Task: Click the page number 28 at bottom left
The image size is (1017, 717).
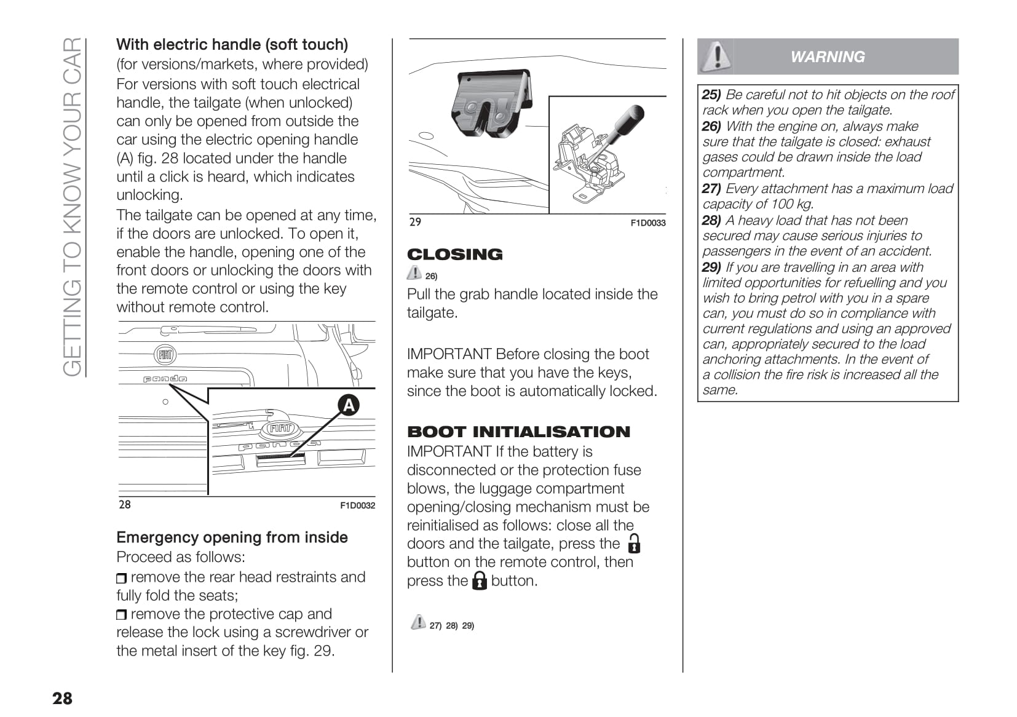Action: [x=62, y=698]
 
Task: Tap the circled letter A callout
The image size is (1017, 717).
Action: [x=348, y=405]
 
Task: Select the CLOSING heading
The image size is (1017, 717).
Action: [x=454, y=254]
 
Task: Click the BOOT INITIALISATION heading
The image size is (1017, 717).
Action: [x=518, y=432]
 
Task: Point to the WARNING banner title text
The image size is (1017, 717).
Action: [x=827, y=57]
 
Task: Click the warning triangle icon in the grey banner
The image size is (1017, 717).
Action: [x=716, y=57]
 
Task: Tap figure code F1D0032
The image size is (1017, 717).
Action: [x=357, y=505]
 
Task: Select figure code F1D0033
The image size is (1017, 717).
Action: [x=648, y=223]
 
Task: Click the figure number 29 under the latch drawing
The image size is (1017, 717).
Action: [x=415, y=222]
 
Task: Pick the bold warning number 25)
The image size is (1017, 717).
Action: [x=711, y=95]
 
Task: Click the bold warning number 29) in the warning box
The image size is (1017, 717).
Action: [x=711, y=267]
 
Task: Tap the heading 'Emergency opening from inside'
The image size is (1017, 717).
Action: [x=232, y=537]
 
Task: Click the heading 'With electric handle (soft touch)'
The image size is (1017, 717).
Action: [x=232, y=44]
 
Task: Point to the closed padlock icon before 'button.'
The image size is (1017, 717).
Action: [x=479, y=580]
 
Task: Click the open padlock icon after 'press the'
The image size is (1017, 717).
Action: [x=633, y=544]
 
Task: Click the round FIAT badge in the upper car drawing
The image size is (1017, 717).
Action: [x=165, y=354]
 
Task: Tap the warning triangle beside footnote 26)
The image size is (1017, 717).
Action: [x=414, y=272]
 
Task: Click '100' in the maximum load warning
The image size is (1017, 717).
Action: [x=782, y=204]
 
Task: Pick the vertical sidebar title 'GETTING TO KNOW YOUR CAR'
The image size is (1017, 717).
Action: [x=73, y=207]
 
